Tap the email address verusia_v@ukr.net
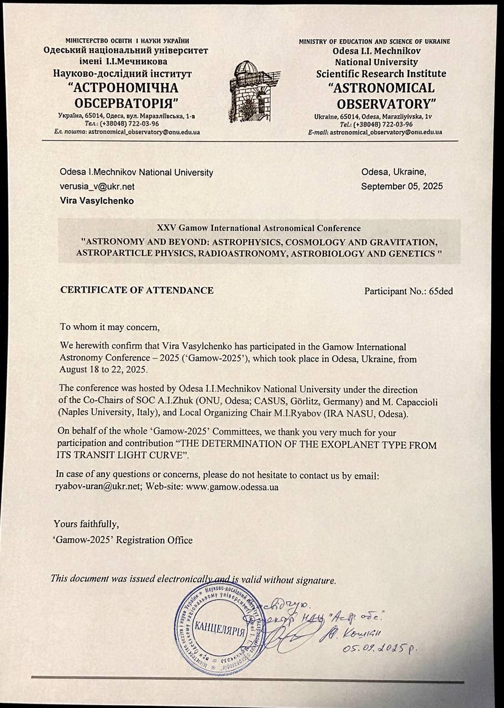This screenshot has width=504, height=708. [97, 186]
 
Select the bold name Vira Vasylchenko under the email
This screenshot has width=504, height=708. [97, 201]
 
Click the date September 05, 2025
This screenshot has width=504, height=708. [402, 186]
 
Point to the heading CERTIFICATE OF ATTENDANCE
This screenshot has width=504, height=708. [136, 290]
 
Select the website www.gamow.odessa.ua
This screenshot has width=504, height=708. [232, 487]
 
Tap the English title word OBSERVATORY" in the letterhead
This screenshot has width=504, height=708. [384, 103]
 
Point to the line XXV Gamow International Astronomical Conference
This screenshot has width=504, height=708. [259, 228]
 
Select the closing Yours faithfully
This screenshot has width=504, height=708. [86, 523]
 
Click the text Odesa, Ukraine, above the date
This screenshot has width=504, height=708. [393, 172]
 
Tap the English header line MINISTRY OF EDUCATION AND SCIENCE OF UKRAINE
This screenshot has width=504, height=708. [374, 41]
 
